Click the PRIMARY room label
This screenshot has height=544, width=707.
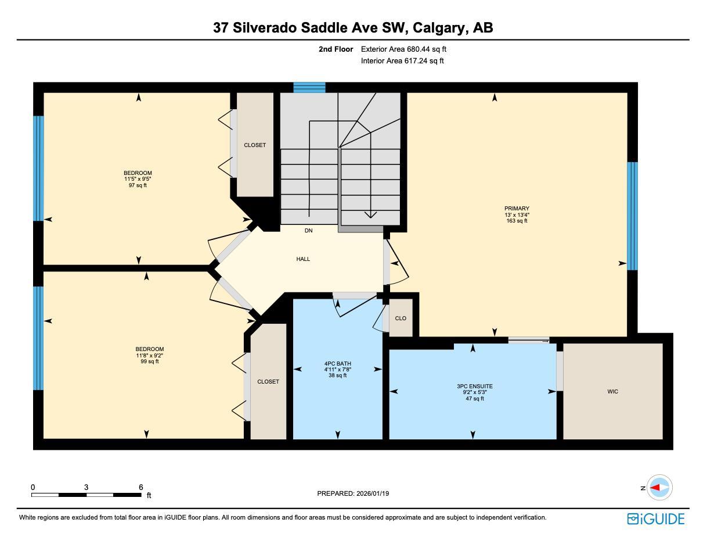517,209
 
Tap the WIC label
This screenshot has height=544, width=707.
612,392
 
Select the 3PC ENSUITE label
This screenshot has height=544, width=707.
474,386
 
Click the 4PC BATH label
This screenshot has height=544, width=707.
338,364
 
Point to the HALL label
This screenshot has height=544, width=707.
303,259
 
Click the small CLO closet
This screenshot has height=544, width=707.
401,318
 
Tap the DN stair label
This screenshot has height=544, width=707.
309,231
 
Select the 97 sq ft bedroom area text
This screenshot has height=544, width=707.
138,185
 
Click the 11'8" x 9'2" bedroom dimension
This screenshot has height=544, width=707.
147,355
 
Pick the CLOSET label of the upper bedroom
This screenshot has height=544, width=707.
255,145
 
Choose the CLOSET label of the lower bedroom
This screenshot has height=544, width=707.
268,382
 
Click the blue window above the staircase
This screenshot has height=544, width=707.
309,88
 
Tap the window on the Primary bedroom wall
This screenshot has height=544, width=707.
632,216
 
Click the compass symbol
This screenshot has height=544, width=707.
659,488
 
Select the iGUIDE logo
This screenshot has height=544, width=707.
656,518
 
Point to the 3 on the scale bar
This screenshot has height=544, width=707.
86,487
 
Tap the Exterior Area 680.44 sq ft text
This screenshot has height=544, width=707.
403,49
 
